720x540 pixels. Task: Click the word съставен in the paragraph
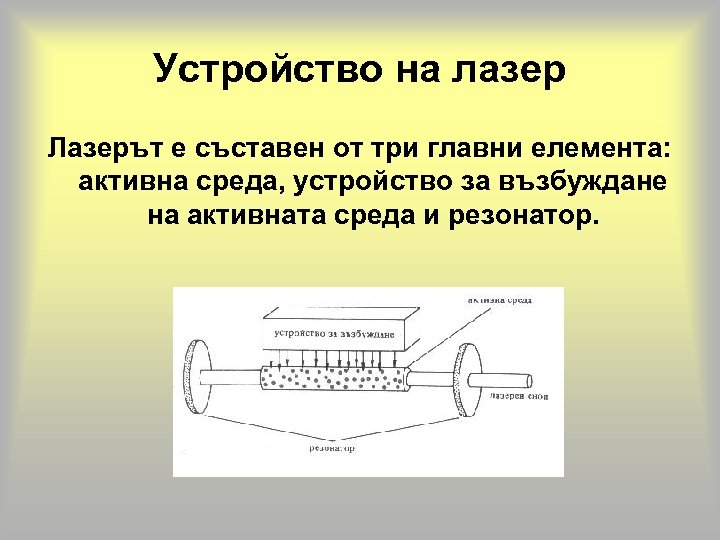click(x=243, y=150)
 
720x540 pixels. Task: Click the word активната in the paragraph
click(x=246, y=216)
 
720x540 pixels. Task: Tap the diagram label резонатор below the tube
click(x=334, y=448)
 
